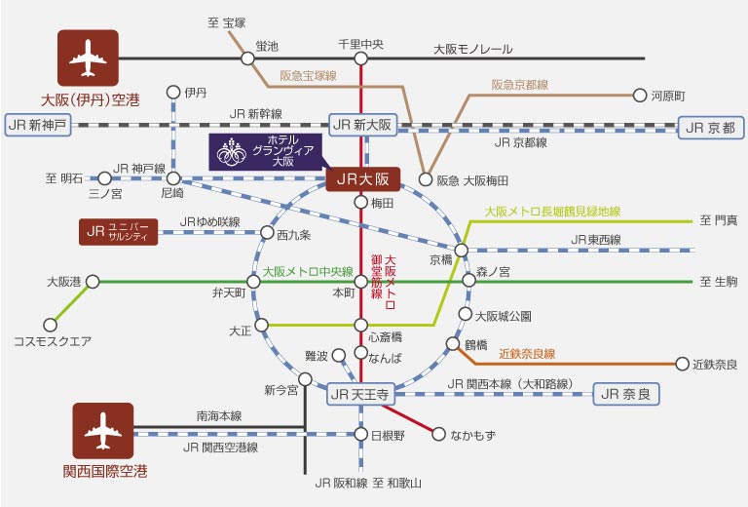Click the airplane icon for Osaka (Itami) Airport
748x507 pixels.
point(88,60)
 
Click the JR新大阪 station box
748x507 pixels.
point(362,125)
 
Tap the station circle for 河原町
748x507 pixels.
point(640,96)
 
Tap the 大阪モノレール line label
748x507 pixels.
point(472,49)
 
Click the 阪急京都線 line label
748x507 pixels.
point(519,85)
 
